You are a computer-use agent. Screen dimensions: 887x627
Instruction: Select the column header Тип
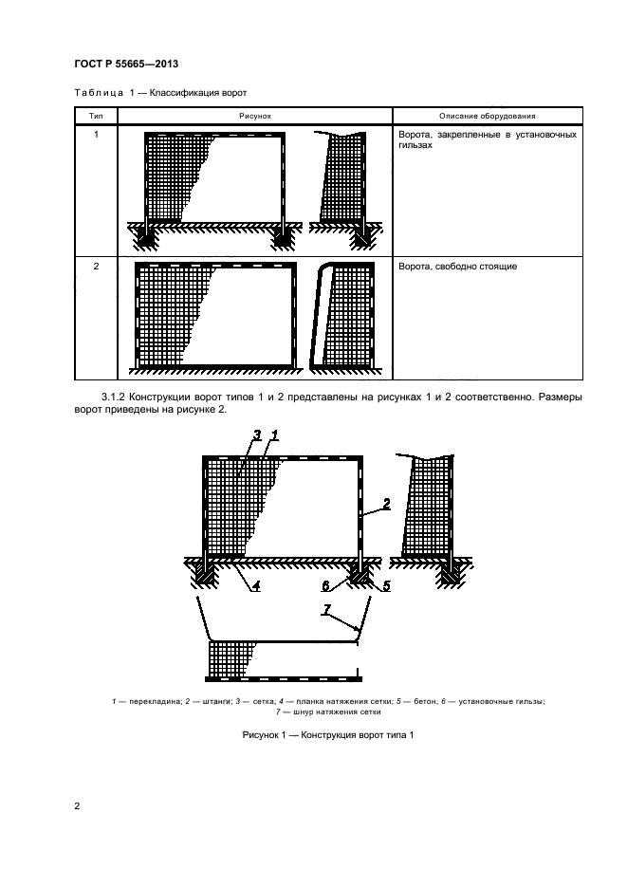(96, 116)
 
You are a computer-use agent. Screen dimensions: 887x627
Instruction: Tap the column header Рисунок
(256, 116)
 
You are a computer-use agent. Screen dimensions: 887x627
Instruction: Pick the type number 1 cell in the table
(96, 136)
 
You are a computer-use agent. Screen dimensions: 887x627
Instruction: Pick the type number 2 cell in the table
(96, 267)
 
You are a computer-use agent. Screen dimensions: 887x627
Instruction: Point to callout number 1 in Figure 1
(274, 434)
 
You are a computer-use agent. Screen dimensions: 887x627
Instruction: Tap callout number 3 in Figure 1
(256, 434)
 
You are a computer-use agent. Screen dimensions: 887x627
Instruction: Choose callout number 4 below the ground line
(255, 585)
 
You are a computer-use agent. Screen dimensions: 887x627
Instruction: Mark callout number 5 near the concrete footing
(387, 585)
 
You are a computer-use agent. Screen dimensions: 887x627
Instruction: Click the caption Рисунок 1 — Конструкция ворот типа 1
(313, 735)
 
